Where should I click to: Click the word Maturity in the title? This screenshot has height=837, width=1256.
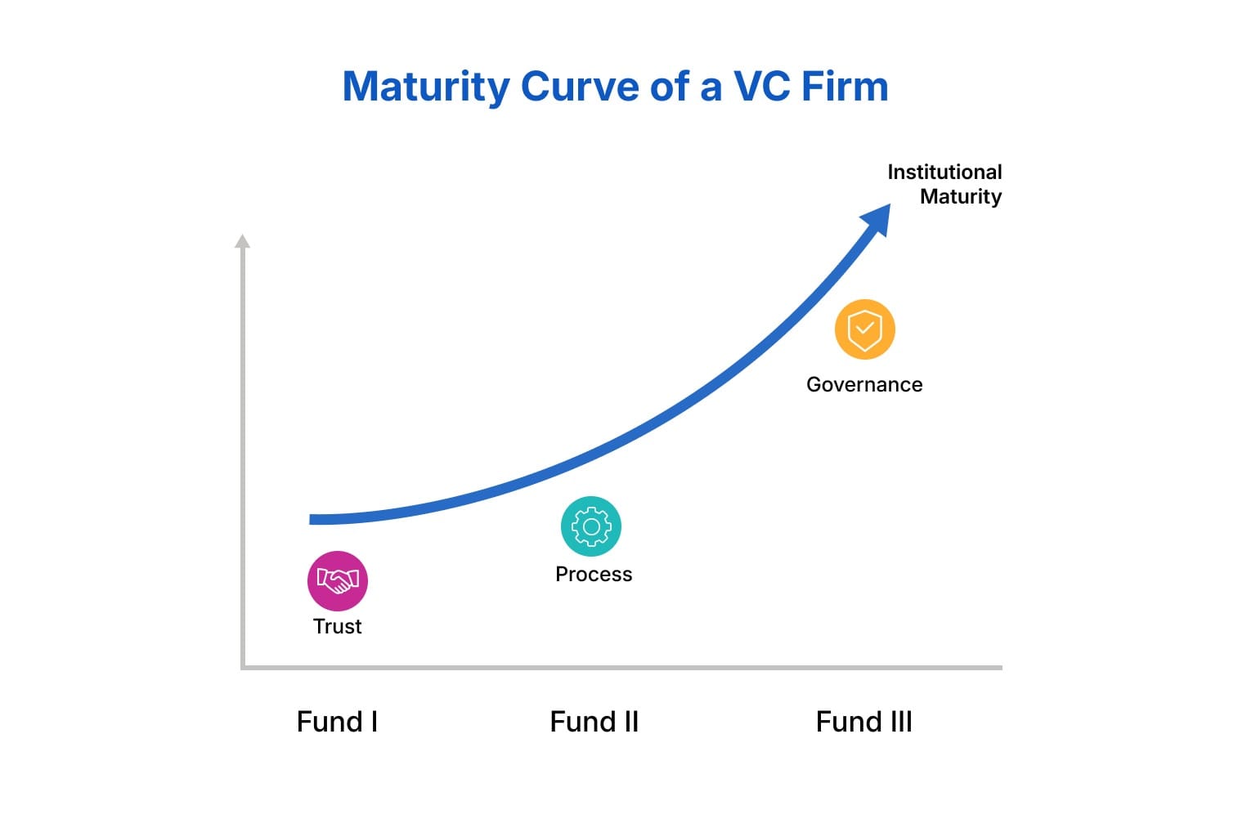tap(426, 87)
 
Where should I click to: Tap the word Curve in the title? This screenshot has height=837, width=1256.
tap(580, 87)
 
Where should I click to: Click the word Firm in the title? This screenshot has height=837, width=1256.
tap(845, 87)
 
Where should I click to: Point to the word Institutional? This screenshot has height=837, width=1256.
tap(944, 172)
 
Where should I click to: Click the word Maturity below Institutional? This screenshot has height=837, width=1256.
tap(961, 197)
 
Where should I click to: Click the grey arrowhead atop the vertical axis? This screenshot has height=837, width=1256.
tap(242, 241)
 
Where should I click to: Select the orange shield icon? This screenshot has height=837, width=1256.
tap(864, 329)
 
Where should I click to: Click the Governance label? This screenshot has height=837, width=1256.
tap(864, 385)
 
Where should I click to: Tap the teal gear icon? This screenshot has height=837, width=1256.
tap(591, 526)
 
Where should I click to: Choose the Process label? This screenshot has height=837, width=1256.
tap(594, 574)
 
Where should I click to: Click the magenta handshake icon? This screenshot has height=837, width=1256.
tap(338, 581)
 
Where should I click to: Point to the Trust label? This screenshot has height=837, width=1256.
tap(337, 626)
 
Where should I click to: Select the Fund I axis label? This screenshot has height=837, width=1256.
tap(337, 722)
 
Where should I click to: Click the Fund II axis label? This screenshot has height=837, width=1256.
tap(594, 722)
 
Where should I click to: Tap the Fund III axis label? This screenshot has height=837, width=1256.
tap(864, 722)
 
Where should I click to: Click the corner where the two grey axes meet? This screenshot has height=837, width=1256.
tap(243, 668)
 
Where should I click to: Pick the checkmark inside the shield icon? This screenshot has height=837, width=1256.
tap(864, 328)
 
